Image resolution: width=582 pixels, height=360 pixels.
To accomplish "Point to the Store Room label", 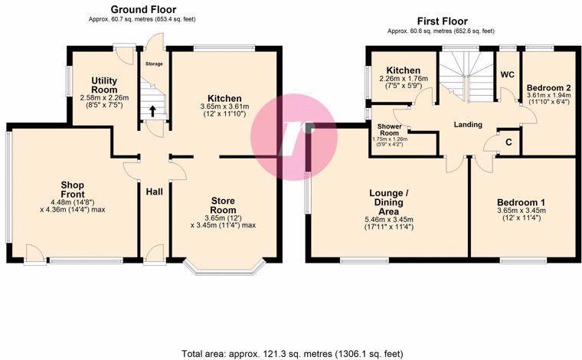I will tap(223, 205).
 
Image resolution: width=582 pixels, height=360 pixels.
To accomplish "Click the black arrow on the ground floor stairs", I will tap(152, 110).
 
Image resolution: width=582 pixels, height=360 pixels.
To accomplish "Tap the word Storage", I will tap(154, 64).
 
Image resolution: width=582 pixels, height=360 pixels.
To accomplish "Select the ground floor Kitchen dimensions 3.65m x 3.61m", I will tap(221, 110).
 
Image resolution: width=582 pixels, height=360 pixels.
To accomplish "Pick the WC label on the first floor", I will tap(506, 74).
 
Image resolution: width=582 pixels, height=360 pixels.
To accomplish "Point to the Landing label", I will tap(467, 124).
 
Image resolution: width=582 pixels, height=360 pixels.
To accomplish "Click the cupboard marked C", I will tap(508, 143).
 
